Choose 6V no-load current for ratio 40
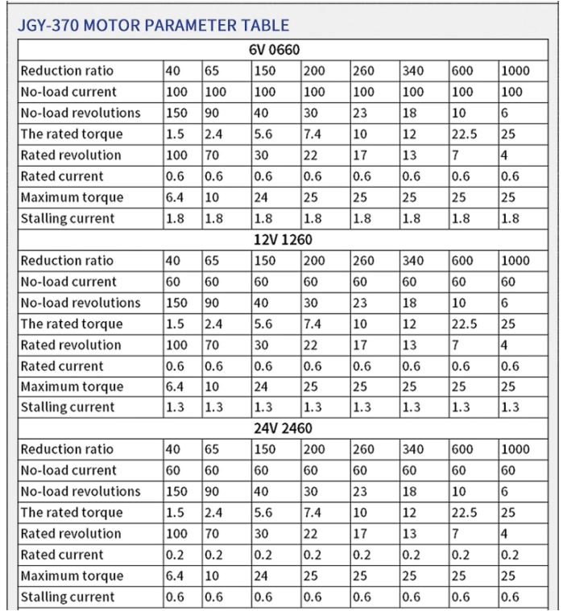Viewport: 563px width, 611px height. (x=176, y=91)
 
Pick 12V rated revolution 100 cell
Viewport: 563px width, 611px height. (x=176, y=344)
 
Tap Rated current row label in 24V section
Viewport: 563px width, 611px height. (x=62, y=554)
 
